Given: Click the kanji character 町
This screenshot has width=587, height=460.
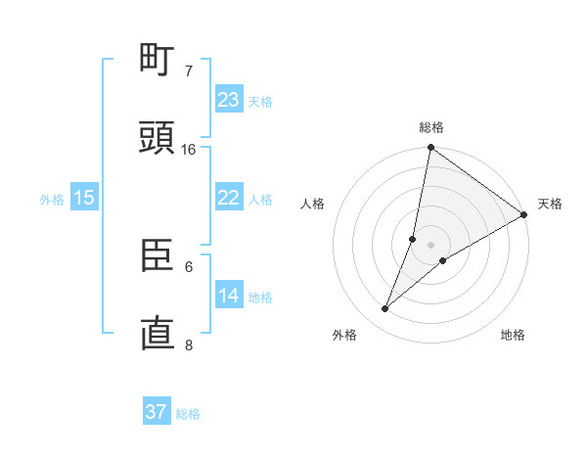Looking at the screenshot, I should point(157,62).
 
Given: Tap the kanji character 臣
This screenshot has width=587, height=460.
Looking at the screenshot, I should point(157,256).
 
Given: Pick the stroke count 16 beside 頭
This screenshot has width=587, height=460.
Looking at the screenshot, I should point(189,150).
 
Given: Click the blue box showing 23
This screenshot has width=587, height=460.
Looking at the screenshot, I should point(229,100).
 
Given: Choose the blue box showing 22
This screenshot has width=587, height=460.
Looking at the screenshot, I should point(229,198).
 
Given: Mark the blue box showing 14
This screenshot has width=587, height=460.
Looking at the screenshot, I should point(229,296).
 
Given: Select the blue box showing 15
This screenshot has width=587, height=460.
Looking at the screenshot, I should point(84,198).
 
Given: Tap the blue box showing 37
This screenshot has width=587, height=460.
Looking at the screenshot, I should point(157,412).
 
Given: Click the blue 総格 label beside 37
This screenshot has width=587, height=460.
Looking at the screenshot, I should point(188,414).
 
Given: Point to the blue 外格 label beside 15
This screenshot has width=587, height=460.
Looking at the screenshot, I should point(52,200).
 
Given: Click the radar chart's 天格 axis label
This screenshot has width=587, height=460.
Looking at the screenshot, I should point(550,204).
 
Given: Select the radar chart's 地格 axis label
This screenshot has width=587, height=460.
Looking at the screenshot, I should point(513,336).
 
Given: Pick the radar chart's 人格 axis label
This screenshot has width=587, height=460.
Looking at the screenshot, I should point(313,204).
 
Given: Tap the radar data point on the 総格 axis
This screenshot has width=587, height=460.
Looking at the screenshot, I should point(430,148).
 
